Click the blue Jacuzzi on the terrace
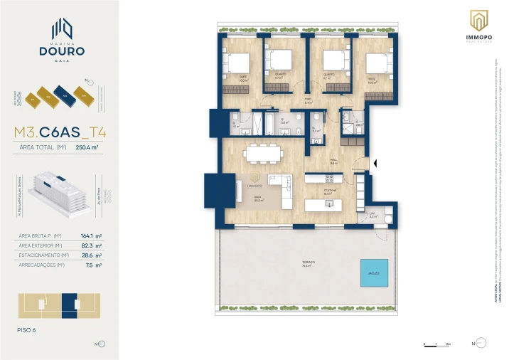pos(373,272)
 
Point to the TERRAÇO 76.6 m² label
pos(306,263)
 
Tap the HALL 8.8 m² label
pos(333,162)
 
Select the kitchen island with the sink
pos(328,205)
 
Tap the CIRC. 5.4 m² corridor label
pos(309,100)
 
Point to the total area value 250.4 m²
pos(86,147)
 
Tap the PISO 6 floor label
pos(27,329)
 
